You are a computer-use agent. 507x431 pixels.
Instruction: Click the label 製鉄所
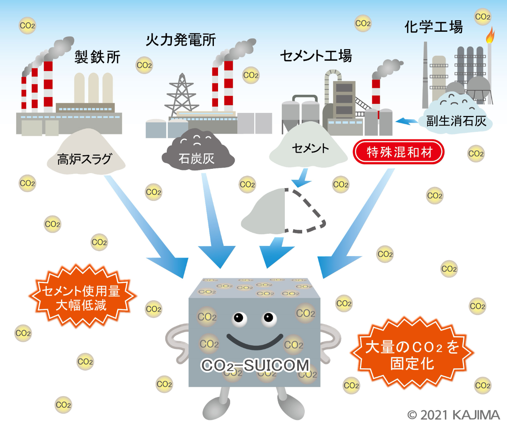97,57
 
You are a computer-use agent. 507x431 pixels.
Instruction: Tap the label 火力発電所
181,40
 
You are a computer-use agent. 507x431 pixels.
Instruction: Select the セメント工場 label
316,56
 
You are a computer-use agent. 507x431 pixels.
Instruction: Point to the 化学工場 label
433,27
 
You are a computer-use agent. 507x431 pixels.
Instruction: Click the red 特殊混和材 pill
399,152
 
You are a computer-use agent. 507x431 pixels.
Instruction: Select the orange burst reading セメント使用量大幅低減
81,297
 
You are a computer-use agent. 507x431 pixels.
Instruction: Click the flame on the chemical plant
490,36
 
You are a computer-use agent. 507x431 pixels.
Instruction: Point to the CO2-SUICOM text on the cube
255,365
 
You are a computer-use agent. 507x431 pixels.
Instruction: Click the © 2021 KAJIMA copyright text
453,415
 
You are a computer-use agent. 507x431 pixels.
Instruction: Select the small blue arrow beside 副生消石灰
406,121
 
